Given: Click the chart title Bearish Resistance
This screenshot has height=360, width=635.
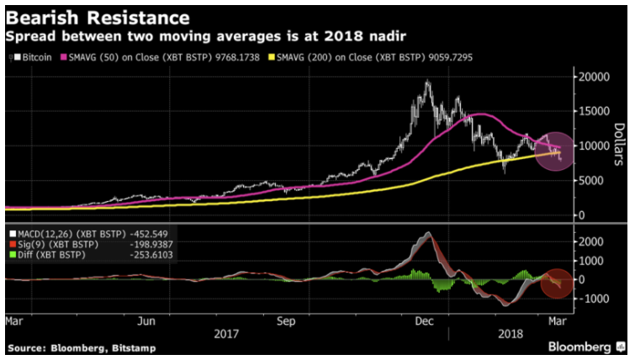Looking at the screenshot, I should pyautogui.click(x=98, y=16).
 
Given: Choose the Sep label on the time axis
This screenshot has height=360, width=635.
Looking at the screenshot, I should pyautogui.click(x=286, y=320).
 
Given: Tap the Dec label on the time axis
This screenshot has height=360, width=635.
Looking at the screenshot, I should pyautogui.click(x=425, y=320).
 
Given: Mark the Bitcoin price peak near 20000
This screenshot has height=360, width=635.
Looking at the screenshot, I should pyautogui.click(x=427, y=82).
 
